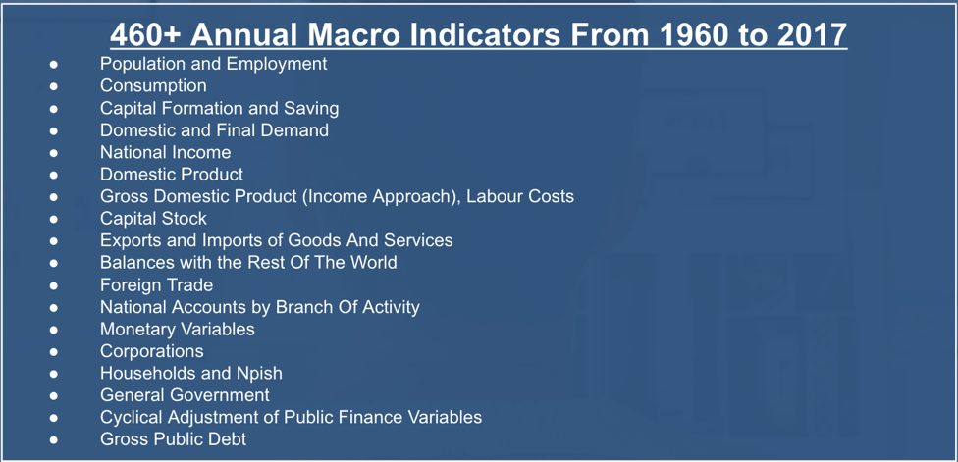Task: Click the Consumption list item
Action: point(153,85)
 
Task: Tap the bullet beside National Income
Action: point(54,153)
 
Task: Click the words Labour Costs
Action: point(520,196)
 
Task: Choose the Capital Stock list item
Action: point(153,218)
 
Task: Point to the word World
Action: point(373,263)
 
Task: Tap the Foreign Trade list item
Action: point(156,284)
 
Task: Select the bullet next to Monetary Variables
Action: point(54,329)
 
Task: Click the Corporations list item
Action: point(151,351)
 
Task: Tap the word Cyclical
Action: point(130,417)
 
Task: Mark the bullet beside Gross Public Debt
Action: point(54,439)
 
